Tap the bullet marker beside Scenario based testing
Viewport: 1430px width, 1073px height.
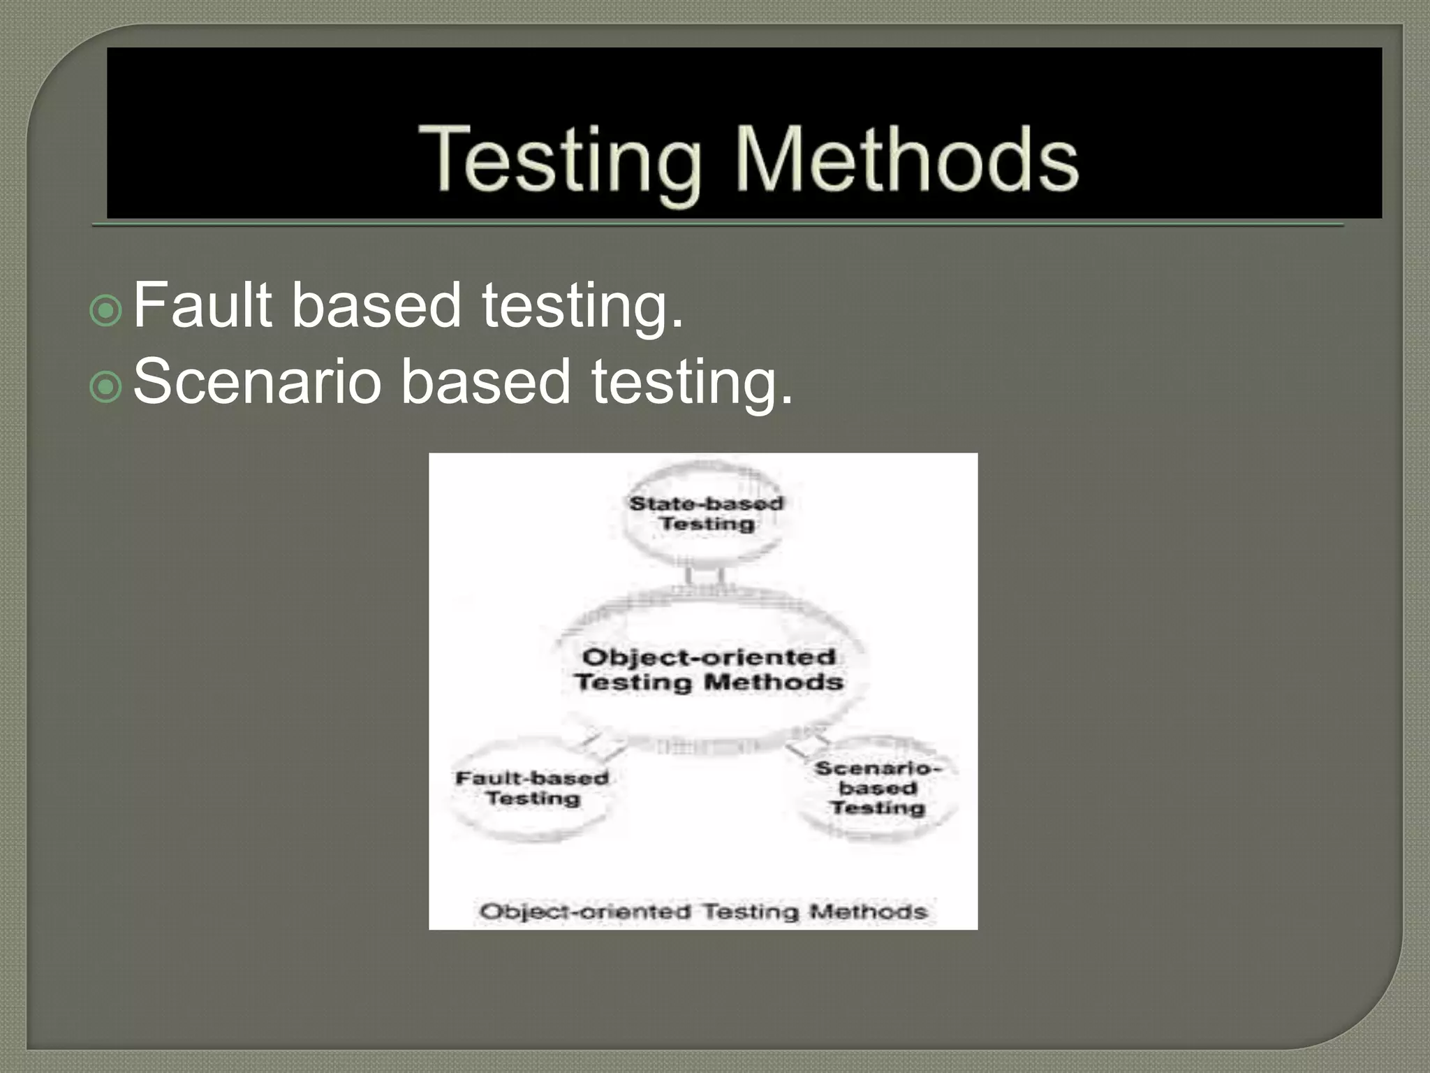[x=106, y=386]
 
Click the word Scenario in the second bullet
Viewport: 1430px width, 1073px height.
[x=257, y=381]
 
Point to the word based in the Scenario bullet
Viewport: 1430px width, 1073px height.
[x=485, y=381]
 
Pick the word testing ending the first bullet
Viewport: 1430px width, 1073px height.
[x=582, y=306]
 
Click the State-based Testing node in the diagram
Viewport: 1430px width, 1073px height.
[x=705, y=513]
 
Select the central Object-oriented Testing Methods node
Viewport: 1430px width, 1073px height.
[x=709, y=669]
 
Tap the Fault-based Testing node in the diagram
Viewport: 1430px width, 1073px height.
[x=532, y=788]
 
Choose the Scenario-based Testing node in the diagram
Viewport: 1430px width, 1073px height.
[x=878, y=788]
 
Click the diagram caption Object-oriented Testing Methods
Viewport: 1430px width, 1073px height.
[x=703, y=911]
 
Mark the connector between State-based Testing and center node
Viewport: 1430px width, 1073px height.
[x=705, y=576]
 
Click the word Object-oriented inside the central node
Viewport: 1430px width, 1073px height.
[x=709, y=657]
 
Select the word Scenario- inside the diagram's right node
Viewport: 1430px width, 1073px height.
[x=878, y=768]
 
